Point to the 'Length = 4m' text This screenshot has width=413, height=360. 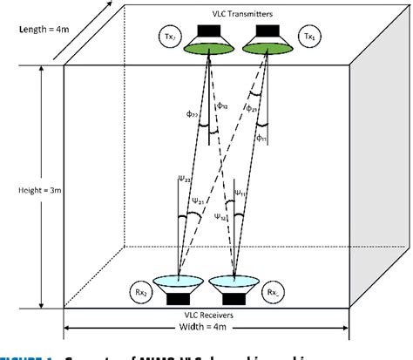pos(40,29)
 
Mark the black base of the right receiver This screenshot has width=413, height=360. pos(233,298)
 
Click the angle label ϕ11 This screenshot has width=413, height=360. pos(262,136)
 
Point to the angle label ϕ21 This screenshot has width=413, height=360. pos(252,108)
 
